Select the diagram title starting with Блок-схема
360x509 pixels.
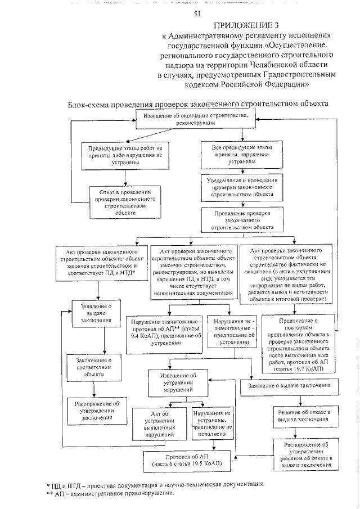pyautogui.click(x=197, y=105)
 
